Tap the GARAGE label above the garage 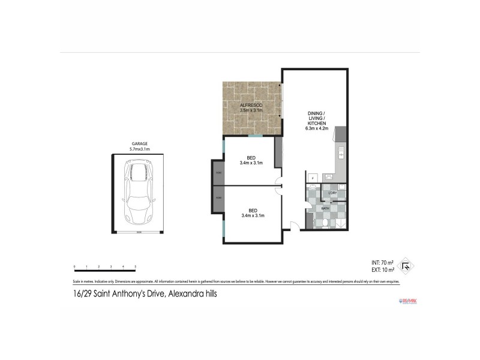tap(140, 144)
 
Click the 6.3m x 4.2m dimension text tap(317, 128)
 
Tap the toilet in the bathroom tap(325, 223)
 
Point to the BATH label tap(326, 208)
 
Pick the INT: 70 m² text tap(382, 263)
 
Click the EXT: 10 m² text tap(382, 270)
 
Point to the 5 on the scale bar tap(136, 266)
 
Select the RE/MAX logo tap(407, 300)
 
